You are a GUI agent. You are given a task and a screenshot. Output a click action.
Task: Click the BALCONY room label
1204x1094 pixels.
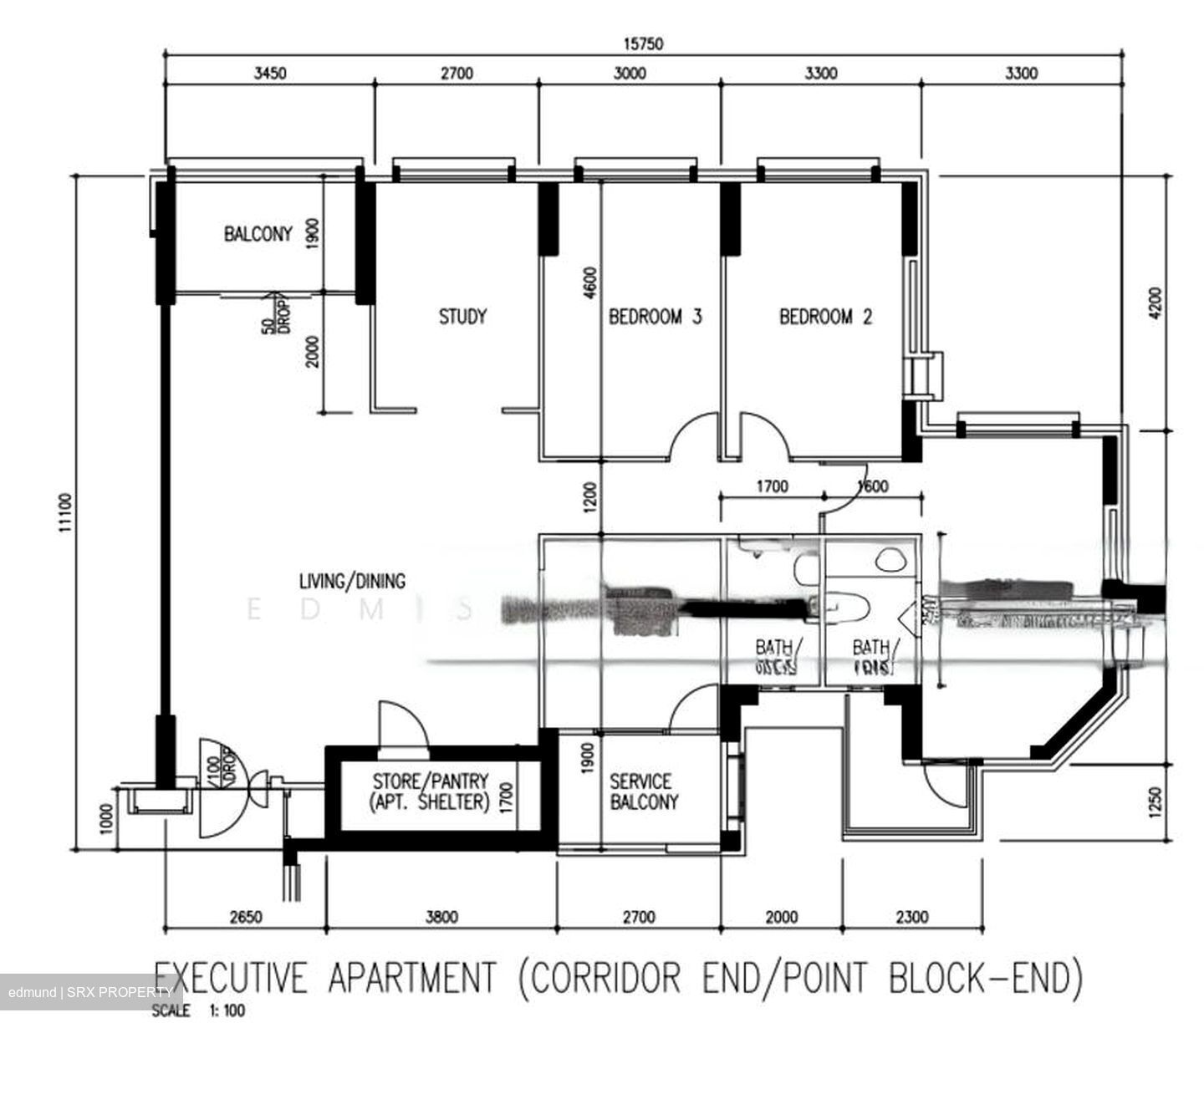click(x=258, y=234)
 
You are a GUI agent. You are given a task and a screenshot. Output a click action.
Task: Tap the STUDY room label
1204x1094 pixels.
click(x=462, y=317)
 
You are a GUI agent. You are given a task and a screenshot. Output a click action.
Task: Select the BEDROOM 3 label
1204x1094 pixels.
click(x=655, y=317)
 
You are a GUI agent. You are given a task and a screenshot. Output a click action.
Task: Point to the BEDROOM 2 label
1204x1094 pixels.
click(x=825, y=317)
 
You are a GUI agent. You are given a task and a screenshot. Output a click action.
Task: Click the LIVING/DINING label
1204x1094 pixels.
click(x=352, y=581)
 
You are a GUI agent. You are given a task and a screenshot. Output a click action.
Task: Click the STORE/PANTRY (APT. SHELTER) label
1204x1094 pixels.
click(x=430, y=791)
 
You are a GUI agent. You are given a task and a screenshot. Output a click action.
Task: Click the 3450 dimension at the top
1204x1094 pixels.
click(x=269, y=74)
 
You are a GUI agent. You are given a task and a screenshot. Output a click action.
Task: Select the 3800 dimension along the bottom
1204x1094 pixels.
click(x=441, y=917)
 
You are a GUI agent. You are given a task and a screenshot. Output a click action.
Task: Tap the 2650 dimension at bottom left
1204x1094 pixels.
click(x=245, y=917)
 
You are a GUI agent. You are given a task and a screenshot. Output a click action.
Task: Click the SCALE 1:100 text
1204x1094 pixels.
click(x=199, y=1010)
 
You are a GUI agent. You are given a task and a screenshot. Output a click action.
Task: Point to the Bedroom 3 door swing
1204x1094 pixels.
click(x=692, y=436)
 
